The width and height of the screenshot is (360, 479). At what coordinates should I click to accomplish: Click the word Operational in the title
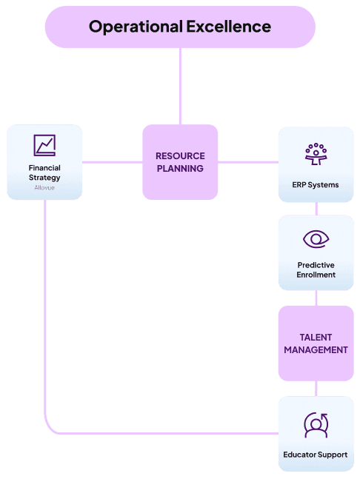pos(136,27)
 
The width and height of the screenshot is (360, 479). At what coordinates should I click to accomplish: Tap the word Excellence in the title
pos(229,26)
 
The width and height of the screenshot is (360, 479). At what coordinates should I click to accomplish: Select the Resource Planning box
pos(180,162)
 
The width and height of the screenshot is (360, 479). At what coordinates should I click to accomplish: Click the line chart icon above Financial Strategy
pos(44,145)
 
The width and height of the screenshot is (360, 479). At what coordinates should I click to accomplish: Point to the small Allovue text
pos(44,187)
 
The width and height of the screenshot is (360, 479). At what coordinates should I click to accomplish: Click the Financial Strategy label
pos(44,172)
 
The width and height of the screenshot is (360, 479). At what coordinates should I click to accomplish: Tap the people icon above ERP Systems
pos(316,154)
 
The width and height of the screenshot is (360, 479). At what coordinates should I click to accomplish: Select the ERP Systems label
pos(316,185)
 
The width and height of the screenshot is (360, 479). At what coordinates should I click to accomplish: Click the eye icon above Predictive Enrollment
pos(316,239)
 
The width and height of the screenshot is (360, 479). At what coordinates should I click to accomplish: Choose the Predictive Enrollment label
pos(316,269)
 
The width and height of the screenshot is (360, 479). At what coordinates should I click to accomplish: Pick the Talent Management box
pos(316,344)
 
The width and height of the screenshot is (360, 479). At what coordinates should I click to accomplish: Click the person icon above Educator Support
pos(316,425)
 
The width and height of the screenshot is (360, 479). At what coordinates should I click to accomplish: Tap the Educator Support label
pos(316,455)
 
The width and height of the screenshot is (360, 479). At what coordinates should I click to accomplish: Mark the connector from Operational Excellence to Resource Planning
pos(180,86)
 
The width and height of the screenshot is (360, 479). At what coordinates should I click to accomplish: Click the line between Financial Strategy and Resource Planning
pos(113,162)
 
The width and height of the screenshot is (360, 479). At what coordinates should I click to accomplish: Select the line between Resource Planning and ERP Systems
pos(248,162)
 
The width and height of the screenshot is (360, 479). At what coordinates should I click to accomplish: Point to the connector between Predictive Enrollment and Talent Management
pos(316,298)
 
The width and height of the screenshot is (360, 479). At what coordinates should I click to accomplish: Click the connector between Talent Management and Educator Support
pos(316,389)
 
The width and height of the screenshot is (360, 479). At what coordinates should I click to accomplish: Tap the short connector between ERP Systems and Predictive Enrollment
pos(316,208)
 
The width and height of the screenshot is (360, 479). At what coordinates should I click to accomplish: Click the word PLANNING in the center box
pos(180,168)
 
